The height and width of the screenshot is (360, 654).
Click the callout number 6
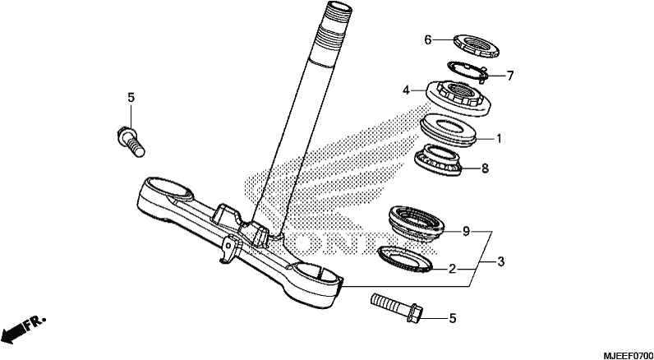pos(427,40)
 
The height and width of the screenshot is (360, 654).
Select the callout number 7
pos(509,76)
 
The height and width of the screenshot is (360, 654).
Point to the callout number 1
pos(498,138)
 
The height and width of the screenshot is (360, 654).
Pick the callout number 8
pos(485,168)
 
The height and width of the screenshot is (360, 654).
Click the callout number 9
pos(467,231)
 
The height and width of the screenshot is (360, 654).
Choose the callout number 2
pos(452,270)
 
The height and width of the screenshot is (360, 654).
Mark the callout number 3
pos(500,262)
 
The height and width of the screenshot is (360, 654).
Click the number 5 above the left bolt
pos(131,98)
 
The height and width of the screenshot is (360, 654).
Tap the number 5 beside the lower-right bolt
pos(453,319)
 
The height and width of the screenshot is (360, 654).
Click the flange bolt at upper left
pos(131,141)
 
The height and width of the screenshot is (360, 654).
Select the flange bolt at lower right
pos(397,307)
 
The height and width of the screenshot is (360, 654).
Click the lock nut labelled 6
pos(476,46)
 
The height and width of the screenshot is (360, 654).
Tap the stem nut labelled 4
pos(458,99)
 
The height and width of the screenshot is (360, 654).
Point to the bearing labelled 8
pos(439,159)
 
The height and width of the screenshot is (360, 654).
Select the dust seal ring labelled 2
pos(404,259)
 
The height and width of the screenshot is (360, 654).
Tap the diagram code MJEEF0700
pos(628,355)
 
